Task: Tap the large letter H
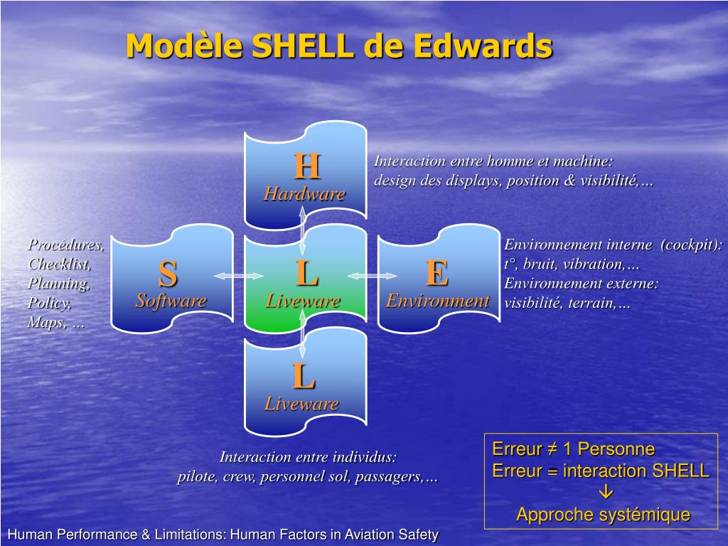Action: click(306, 167)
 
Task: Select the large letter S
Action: click(168, 274)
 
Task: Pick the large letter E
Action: click(437, 273)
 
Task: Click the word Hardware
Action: click(304, 194)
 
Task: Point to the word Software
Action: click(171, 301)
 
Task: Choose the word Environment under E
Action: click(437, 301)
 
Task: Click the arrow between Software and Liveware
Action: click(228, 276)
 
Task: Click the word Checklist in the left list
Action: click(60, 264)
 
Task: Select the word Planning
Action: click(59, 284)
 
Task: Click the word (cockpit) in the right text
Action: click(690, 245)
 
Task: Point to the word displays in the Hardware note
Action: click(474, 181)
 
